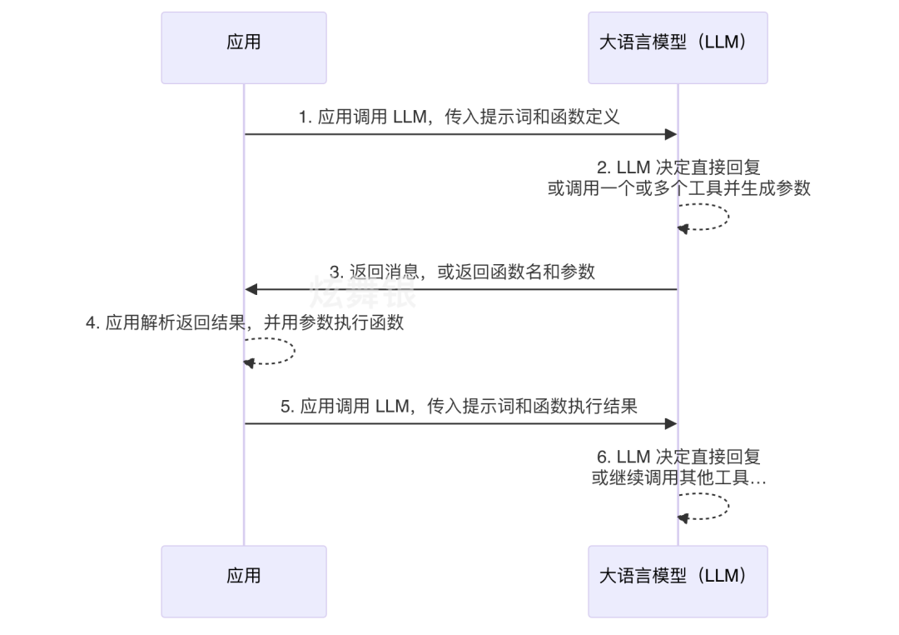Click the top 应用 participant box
point(243,47)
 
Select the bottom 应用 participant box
point(243,581)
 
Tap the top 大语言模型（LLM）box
point(678,47)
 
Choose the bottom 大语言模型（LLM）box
point(678,581)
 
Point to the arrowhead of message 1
point(670,134)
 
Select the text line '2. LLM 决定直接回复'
point(678,168)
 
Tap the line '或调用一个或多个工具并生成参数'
point(678,188)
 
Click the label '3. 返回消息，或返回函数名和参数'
point(462,272)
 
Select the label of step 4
point(245,322)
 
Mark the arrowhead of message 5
point(670,423)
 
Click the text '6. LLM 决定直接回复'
point(678,457)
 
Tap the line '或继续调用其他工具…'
point(678,478)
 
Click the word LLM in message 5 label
point(391,407)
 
